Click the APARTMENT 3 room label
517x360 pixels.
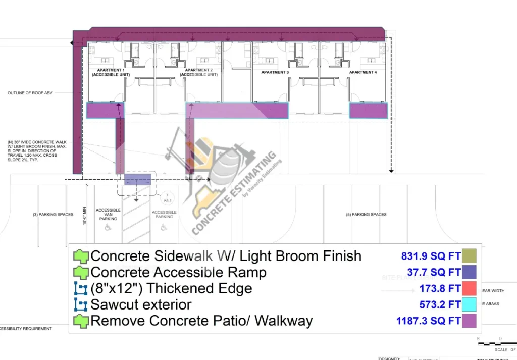pos(275,73)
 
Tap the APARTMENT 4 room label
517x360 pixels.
pos(362,73)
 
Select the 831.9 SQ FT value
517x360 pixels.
pos(430,256)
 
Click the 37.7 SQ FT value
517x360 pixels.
pos(434,273)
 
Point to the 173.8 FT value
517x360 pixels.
pos(440,289)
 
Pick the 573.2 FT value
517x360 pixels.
pos(440,305)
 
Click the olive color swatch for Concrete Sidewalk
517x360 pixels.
pos(470,256)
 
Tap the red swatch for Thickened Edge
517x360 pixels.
pos(470,289)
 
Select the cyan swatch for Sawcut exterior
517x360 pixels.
pos(470,305)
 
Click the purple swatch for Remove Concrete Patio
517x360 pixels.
pos(470,321)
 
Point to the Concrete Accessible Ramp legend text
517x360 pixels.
pos(178,273)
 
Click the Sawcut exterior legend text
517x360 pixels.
pos(141,305)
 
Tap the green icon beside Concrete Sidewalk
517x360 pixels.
pos(81,256)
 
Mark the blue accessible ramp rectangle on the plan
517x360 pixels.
pos(138,179)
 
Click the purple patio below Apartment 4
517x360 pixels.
pos(368,111)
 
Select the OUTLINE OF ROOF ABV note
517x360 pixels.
pos(30,93)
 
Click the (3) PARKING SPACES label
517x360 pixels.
pos(53,215)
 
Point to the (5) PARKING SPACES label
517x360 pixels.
pos(366,215)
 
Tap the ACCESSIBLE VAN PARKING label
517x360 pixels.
pos(108,215)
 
